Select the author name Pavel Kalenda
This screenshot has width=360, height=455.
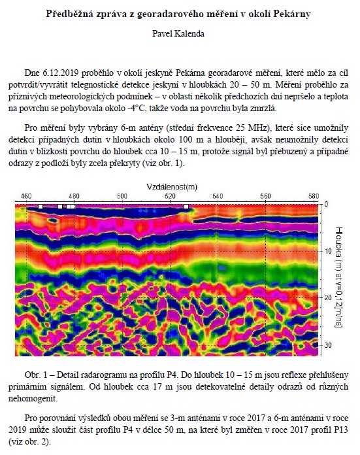[178, 33]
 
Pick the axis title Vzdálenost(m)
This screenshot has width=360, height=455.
[172, 186]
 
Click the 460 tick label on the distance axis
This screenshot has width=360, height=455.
[26, 196]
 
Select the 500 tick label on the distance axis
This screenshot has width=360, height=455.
[122, 196]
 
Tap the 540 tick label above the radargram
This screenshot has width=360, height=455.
[218, 196]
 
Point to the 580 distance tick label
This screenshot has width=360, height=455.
[314, 196]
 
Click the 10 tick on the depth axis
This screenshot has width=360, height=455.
[328, 251]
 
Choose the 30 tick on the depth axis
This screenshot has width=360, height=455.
[328, 345]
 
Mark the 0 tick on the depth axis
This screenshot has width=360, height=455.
[326, 204]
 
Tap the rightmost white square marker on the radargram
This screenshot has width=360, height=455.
[186, 207]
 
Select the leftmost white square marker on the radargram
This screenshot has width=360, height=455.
[41, 207]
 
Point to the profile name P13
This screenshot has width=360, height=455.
[342, 430]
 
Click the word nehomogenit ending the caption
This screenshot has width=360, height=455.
[33, 399]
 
